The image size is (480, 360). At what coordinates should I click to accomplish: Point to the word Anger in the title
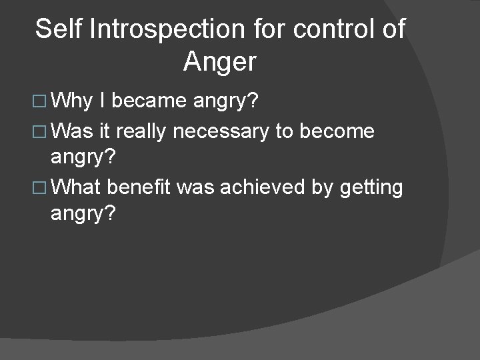(x=219, y=62)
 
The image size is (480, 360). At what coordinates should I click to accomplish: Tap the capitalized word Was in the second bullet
(x=73, y=132)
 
